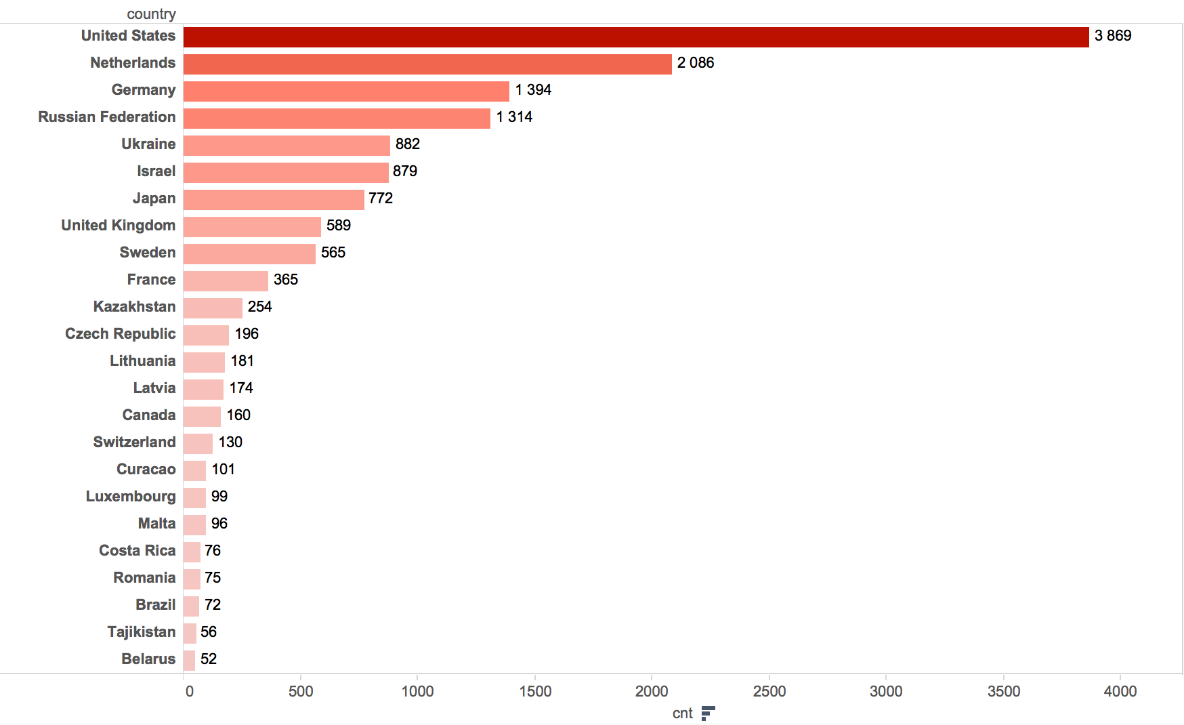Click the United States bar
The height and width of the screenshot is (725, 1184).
[x=635, y=37]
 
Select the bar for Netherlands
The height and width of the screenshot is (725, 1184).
[x=427, y=64]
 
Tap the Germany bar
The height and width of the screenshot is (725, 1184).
[x=345, y=91]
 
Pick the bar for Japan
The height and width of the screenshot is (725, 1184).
[x=274, y=200]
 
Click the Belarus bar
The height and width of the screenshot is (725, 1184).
[x=189, y=661]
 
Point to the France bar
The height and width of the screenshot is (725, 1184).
[x=226, y=281]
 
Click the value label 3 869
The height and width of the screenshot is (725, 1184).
[x=1113, y=36]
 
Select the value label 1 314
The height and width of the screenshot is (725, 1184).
[x=514, y=117]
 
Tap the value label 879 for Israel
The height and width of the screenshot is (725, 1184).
[x=405, y=171]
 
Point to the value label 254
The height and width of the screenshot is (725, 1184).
[x=259, y=307]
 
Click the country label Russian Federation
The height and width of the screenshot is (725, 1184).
[x=106, y=117]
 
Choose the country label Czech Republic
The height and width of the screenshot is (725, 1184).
[x=120, y=334]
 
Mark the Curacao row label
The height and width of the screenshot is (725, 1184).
[x=146, y=470]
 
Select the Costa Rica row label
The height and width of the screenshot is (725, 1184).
[x=137, y=551]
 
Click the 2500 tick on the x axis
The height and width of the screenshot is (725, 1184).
[x=769, y=691]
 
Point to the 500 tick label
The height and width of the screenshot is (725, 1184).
[x=301, y=691]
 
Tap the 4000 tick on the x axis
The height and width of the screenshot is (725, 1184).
[x=1120, y=691]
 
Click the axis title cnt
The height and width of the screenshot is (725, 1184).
[x=682, y=713]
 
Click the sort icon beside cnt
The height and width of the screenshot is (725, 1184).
[x=708, y=713]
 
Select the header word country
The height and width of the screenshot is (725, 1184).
[x=151, y=14]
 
